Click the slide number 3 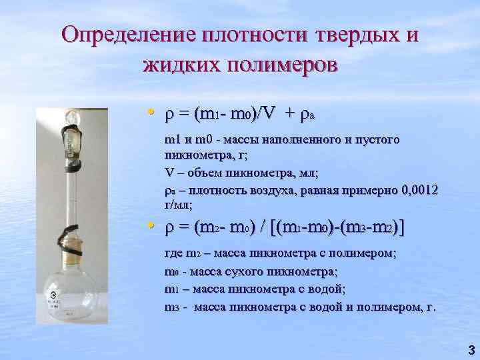(x=471, y=349)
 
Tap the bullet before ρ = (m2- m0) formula (x=153, y=227)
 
